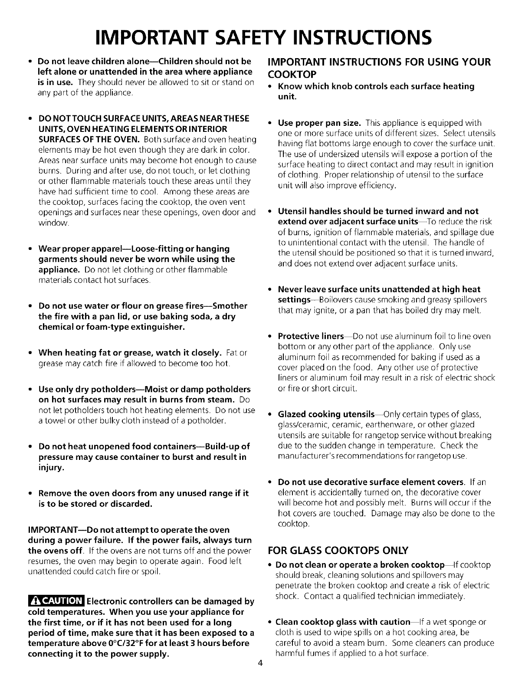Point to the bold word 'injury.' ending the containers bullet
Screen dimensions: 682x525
[x=52, y=467]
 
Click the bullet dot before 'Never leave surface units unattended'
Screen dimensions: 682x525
[x=270, y=289]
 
